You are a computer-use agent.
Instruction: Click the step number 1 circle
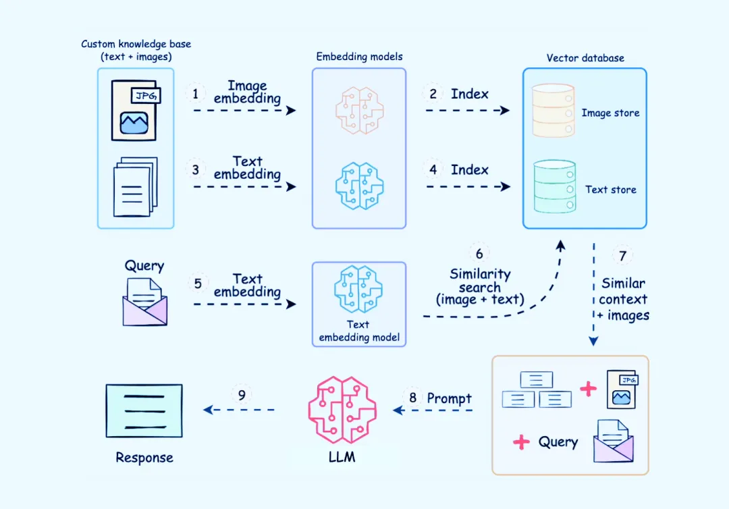pos(196,94)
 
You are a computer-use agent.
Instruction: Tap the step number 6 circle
pos(479,254)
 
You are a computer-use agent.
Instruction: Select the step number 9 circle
pos(242,394)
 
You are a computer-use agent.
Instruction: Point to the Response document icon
pos(144,410)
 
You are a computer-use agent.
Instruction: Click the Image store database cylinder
pos(553,111)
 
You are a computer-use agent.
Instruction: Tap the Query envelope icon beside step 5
pos(144,302)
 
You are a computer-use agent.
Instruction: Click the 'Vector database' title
pos(585,58)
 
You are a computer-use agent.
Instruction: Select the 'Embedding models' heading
pos(359,57)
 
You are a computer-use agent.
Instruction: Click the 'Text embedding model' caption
pos(359,331)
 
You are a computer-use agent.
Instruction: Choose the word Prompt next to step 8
pos(449,398)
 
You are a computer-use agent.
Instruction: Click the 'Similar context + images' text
pos(623,299)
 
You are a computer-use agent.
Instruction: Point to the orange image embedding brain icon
pos(359,111)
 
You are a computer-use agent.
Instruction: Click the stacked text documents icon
pos(135,186)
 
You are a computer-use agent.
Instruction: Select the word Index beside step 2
pos(470,94)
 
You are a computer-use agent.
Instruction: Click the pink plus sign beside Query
pos(521,443)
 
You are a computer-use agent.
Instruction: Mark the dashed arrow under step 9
pos(240,409)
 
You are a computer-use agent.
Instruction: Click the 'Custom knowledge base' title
pos(136,50)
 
